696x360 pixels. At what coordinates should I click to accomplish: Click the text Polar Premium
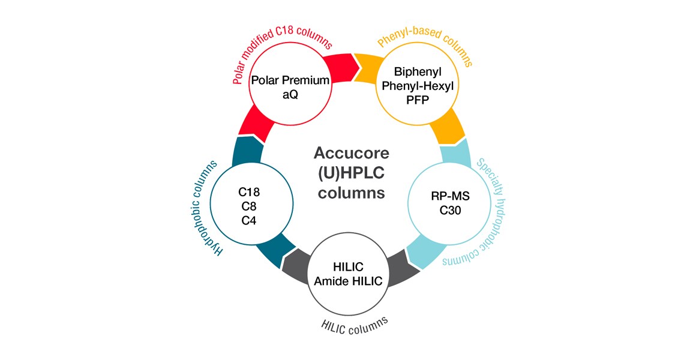(291, 80)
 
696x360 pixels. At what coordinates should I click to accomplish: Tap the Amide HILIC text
(348, 281)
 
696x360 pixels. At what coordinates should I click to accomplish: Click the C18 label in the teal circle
(248, 193)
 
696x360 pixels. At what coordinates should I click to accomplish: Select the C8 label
(248, 206)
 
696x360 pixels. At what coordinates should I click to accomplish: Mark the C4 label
(248, 220)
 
